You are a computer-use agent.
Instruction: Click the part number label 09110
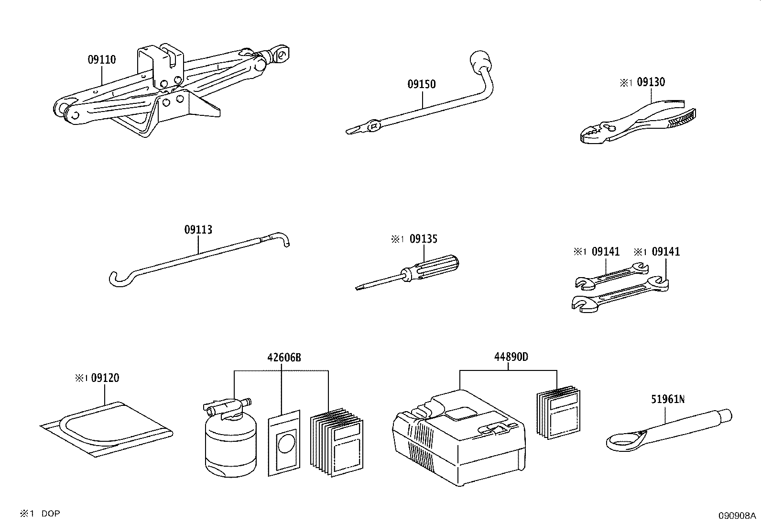point(101,60)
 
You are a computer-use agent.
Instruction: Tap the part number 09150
point(421,84)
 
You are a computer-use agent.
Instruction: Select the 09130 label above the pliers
point(651,82)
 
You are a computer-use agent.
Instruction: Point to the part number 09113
point(198,230)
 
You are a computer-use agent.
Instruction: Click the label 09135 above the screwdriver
point(423,239)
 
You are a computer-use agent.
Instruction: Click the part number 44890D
point(511,357)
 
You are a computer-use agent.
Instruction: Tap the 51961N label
point(667,399)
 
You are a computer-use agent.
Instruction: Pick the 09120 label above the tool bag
point(105,378)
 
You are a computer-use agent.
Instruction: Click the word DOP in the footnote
point(51,514)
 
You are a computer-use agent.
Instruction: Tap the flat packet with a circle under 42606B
point(285,443)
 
